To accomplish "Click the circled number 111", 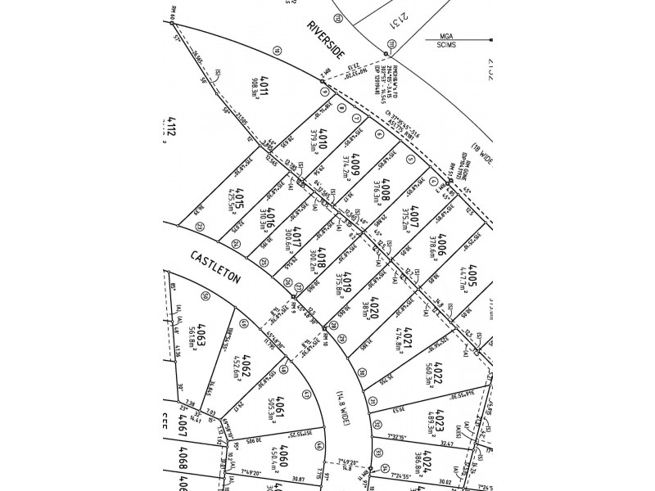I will coord(392,43).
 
